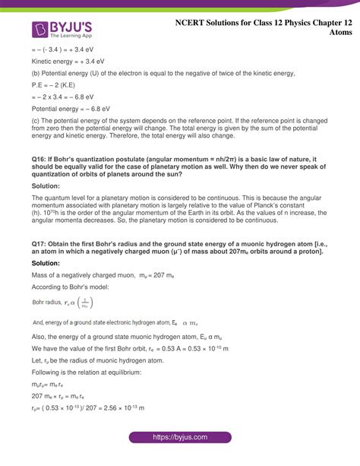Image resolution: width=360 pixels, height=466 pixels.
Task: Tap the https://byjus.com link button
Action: [179, 438]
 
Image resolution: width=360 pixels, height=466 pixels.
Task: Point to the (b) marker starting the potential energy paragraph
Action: [36, 73]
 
